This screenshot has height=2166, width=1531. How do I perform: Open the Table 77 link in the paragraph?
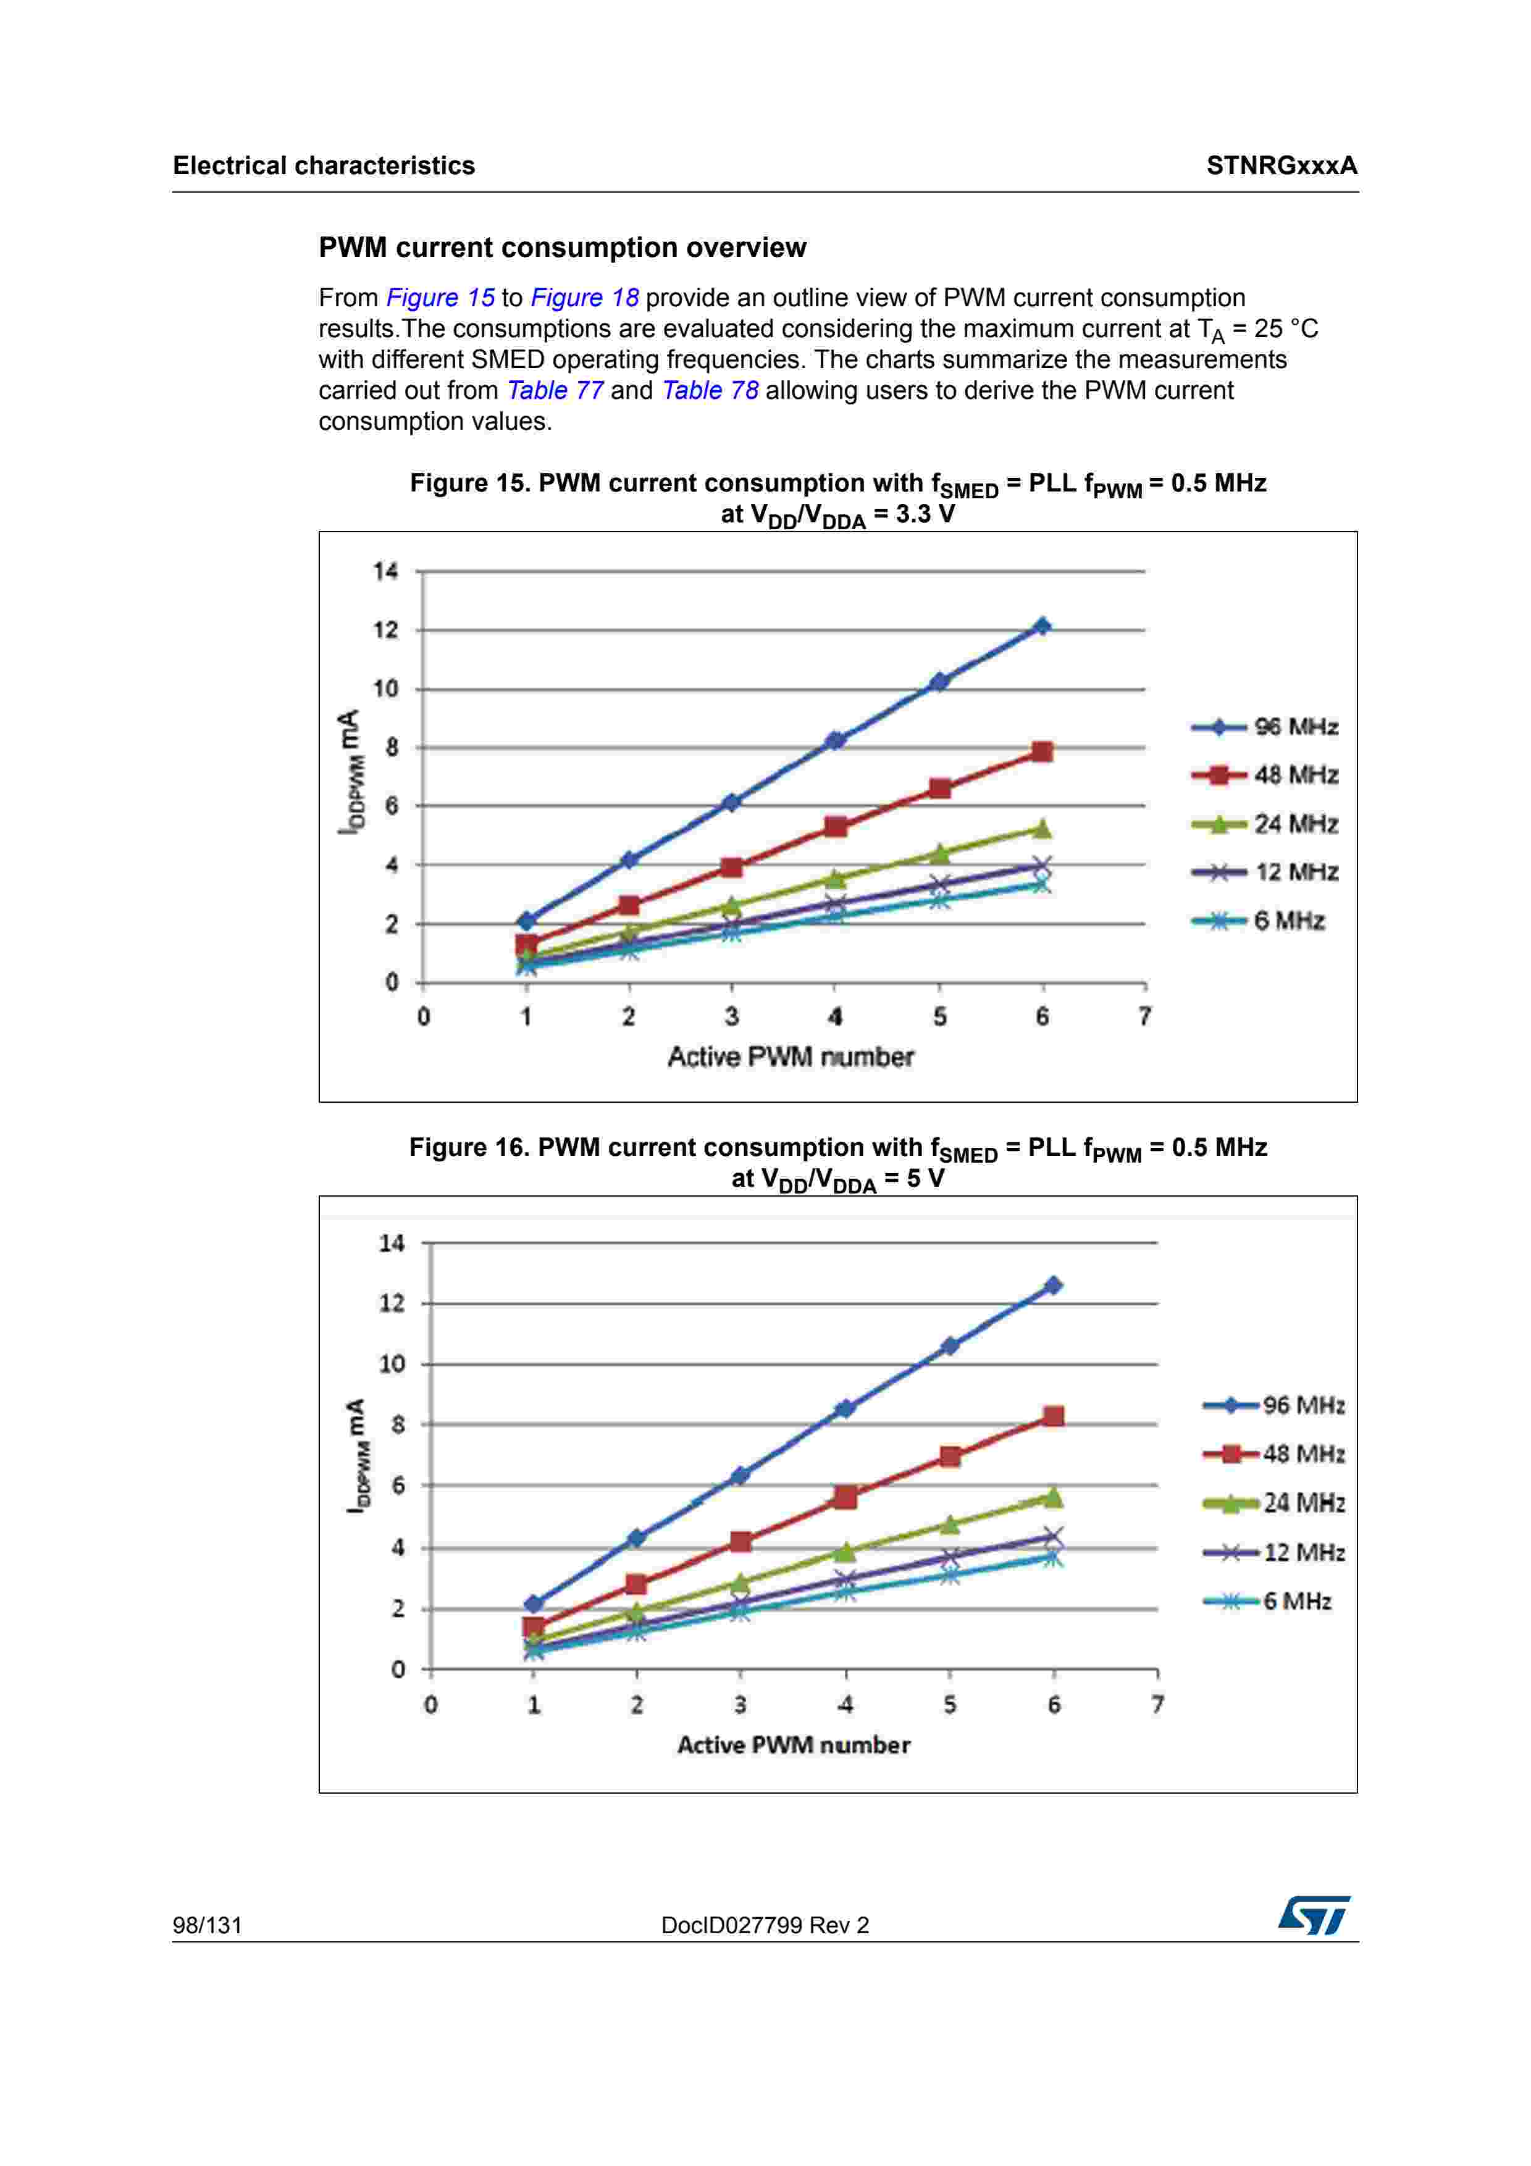[555, 391]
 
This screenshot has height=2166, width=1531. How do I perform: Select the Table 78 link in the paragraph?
[710, 391]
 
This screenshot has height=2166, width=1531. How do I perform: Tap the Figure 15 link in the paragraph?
[440, 298]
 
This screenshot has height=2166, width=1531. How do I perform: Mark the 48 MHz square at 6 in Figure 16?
[1054, 1416]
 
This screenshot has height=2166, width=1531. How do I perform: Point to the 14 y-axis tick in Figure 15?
[385, 572]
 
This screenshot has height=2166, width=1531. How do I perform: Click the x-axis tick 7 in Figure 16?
[1157, 1705]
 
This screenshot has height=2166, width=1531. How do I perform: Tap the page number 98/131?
[207, 1925]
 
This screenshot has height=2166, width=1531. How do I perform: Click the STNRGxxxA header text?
[1281, 166]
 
